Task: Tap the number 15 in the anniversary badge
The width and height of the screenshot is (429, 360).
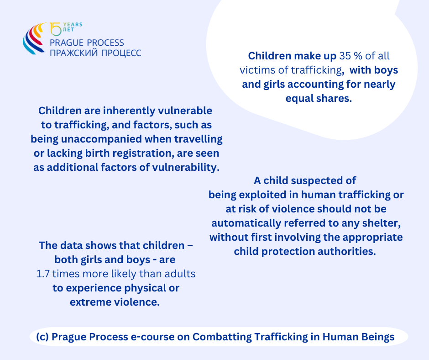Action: pos(56,29)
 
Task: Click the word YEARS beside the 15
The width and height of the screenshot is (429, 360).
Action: pos(73,25)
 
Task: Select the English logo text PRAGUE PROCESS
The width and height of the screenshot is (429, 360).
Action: pos(87,43)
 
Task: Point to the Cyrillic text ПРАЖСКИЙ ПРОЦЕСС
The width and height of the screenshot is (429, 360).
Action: pos(95,53)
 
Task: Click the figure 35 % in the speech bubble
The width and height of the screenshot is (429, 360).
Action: pos(351,56)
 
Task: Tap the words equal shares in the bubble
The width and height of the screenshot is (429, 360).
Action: pos(319,98)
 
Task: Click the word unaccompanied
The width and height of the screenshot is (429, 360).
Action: pos(101,139)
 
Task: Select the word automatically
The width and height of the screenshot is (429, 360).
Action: pos(246,223)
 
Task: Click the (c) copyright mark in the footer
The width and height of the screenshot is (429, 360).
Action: pos(42,337)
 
